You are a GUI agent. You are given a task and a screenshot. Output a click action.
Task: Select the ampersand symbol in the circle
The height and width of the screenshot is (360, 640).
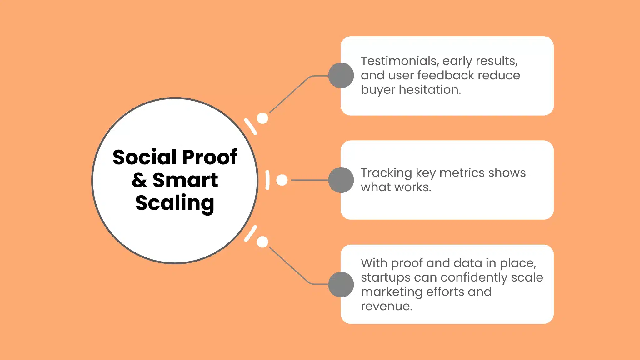[139, 180]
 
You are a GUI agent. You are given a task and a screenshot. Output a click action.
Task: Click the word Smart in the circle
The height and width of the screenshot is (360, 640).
[185, 180]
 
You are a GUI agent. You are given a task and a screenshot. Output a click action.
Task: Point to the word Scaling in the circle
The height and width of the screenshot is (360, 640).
[175, 203]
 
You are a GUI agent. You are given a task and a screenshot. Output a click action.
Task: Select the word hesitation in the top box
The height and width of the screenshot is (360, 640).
[430, 90]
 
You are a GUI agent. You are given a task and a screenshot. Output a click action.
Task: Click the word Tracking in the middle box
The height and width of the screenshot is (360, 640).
[387, 173]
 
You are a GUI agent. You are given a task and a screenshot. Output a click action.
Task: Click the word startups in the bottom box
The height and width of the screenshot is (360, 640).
[386, 277]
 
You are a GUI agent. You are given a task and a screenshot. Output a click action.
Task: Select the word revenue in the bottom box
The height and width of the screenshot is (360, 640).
[386, 306]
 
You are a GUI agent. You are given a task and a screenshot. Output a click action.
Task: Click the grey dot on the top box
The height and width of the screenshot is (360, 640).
[341, 75]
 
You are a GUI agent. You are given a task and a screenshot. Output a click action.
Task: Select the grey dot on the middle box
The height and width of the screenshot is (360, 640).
[341, 180]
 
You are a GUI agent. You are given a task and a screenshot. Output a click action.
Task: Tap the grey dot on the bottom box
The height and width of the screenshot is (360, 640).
[341, 285]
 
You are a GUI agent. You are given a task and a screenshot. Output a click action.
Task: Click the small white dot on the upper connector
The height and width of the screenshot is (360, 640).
[262, 118]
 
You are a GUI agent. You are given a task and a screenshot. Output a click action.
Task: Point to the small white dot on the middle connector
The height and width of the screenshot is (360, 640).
[282, 180]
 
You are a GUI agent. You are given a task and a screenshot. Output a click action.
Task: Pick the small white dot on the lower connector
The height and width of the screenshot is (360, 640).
[262, 242]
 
